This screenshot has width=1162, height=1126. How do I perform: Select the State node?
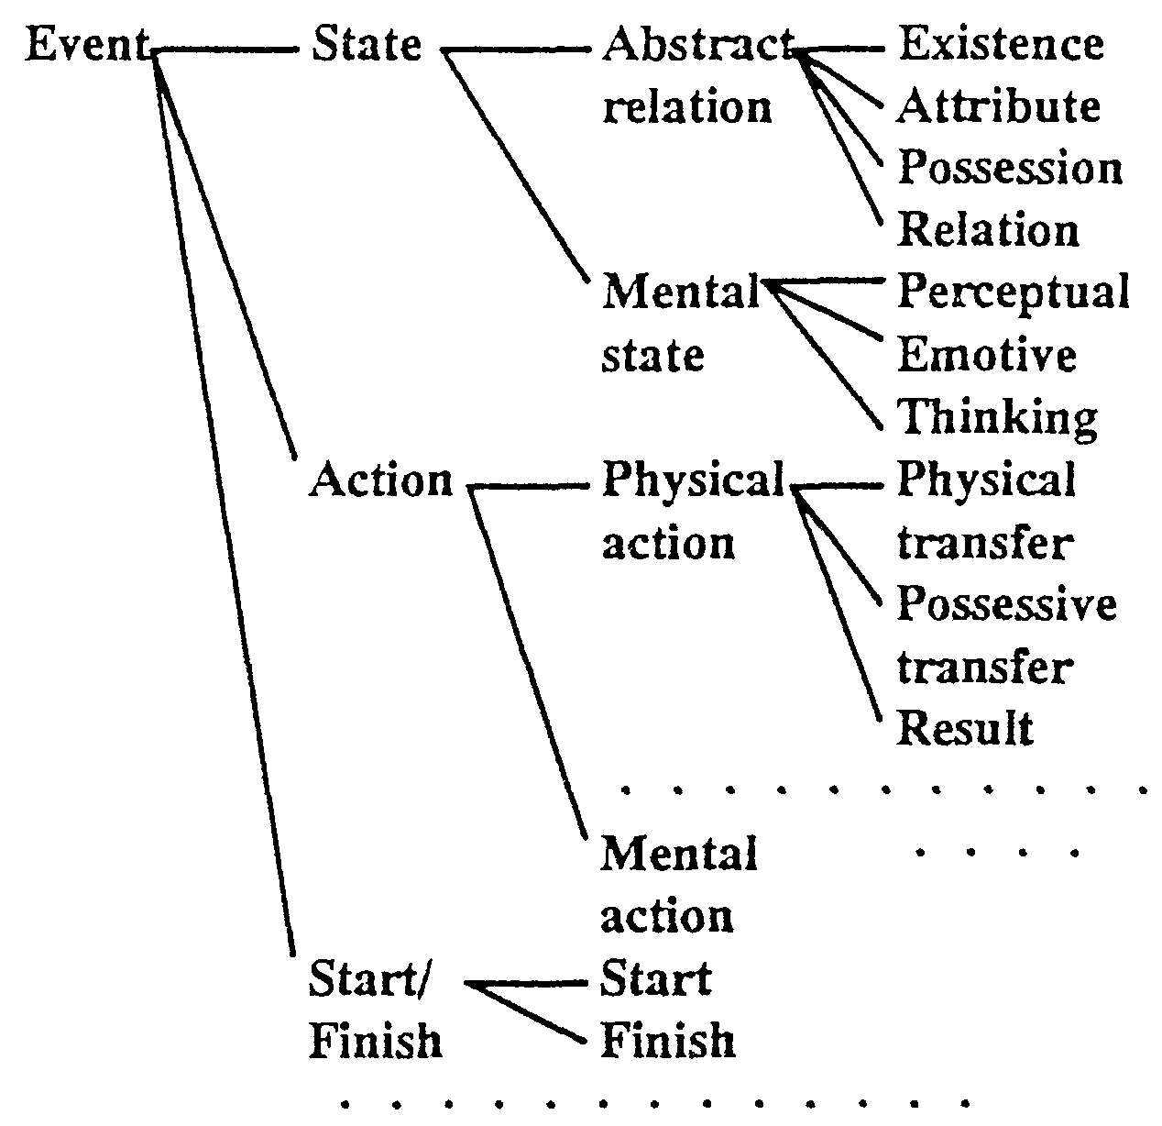click(x=367, y=44)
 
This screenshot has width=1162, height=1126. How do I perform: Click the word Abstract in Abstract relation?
click(x=696, y=44)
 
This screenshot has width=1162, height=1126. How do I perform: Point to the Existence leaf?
click(x=1001, y=44)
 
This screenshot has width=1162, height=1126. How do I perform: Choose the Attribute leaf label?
click(x=997, y=106)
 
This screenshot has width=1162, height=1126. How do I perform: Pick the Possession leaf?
click(x=1008, y=169)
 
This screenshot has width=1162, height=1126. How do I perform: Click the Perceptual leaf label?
click(x=1012, y=293)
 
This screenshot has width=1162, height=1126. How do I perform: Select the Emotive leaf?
click(x=986, y=355)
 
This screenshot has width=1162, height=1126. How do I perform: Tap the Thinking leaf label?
click(x=996, y=417)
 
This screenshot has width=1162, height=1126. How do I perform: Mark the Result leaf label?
click(x=964, y=729)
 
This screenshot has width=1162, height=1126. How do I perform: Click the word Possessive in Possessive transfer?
click(x=1006, y=604)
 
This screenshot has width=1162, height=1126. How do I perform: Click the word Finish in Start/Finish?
click(x=376, y=1042)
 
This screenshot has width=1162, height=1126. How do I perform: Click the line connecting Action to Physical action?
click(x=530, y=485)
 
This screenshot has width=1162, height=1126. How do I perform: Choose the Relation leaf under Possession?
click(x=988, y=230)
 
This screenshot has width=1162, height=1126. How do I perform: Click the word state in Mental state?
click(x=652, y=355)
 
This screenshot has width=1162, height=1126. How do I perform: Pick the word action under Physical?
click(x=667, y=543)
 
